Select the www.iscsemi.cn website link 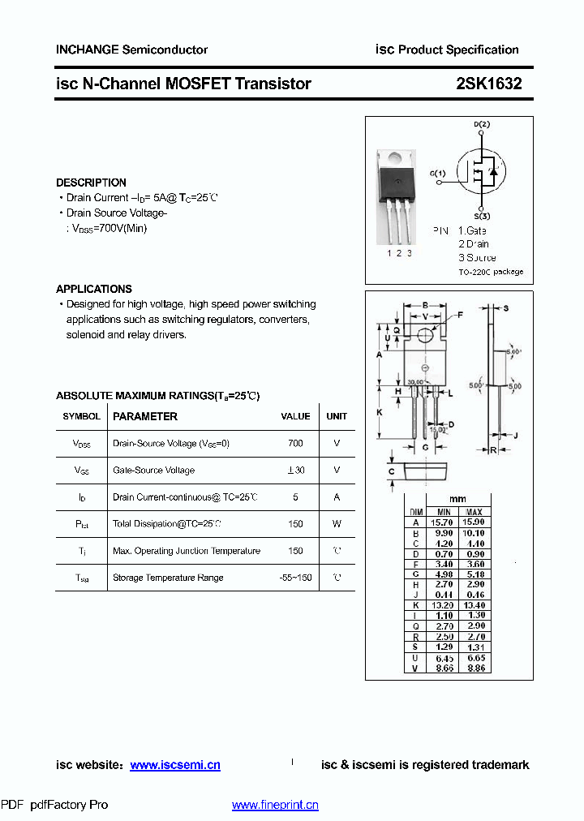click(x=174, y=764)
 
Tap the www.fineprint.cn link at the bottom click(x=275, y=805)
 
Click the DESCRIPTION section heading click(x=91, y=183)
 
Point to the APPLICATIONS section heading click(x=93, y=289)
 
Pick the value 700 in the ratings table click(x=295, y=443)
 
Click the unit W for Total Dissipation click(x=337, y=523)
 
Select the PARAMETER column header click(x=144, y=416)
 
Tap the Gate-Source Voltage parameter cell click(x=153, y=470)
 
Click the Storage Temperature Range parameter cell click(x=168, y=578)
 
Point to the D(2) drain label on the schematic click(x=482, y=124)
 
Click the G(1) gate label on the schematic click(x=437, y=173)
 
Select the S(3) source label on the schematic click(x=482, y=217)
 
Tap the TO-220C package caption click(x=491, y=272)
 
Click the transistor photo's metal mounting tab click(x=398, y=161)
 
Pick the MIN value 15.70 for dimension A click(x=444, y=522)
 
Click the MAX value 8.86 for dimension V click(x=474, y=668)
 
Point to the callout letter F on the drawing click(x=460, y=314)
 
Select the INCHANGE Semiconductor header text click(x=131, y=49)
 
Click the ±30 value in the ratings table click(x=295, y=470)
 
